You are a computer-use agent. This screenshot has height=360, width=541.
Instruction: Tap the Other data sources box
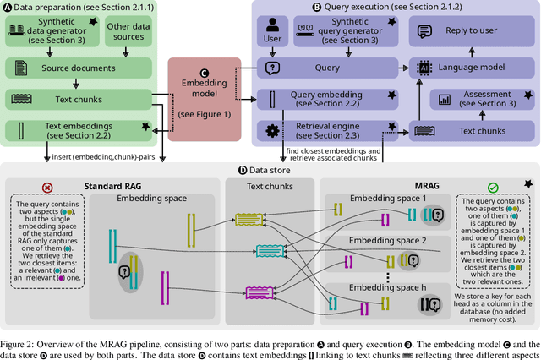tap(128, 33)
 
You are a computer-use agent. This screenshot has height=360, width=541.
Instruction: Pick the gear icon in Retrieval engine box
tap(272, 132)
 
